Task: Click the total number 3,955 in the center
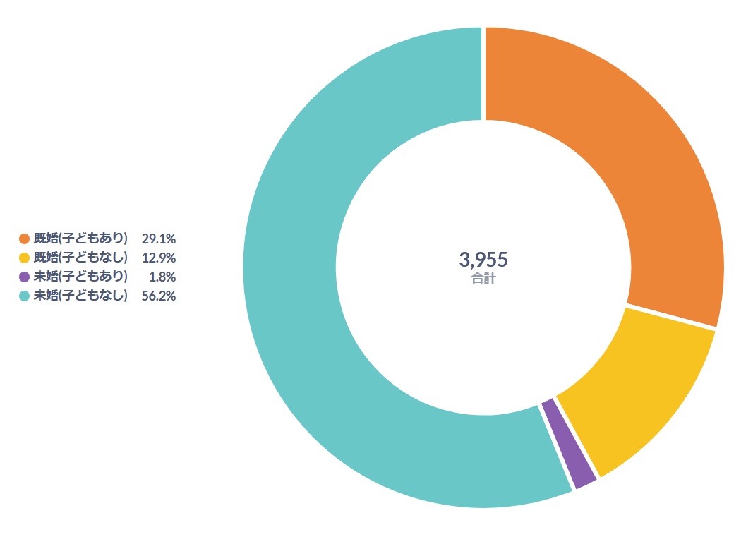(483, 260)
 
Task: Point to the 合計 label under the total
(483, 279)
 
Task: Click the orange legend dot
(25, 239)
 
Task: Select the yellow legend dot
(25, 258)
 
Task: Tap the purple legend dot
(25, 277)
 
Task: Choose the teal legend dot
(25, 296)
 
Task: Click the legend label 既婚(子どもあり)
(80, 239)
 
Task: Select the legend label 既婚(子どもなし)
(80, 258)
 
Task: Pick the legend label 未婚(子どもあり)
(80, 277)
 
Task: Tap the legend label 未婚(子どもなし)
(80, 296)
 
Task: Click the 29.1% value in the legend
(159, 239)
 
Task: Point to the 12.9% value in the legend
(159, 258)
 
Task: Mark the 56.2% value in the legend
(159, 296)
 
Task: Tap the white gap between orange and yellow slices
(670, 317)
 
